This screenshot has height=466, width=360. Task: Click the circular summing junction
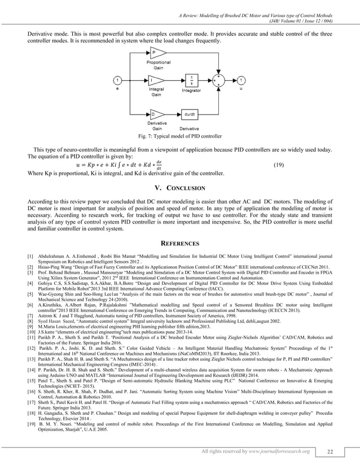219,80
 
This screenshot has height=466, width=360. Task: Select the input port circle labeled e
117,80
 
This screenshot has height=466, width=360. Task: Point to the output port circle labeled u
241,80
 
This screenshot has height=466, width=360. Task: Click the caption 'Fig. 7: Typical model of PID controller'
179,137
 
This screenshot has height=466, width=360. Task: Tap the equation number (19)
278,165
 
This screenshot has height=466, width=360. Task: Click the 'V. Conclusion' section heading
179,187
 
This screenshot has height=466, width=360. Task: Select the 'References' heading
179,244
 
